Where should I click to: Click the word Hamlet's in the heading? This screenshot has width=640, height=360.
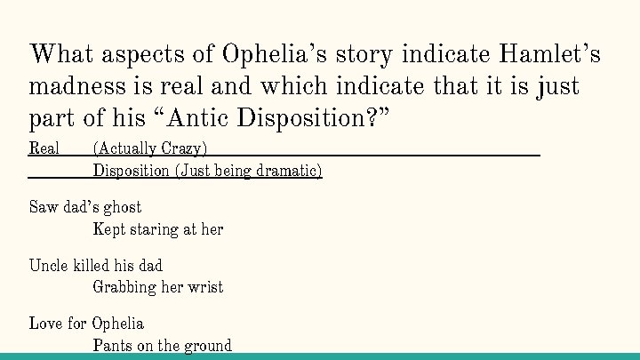tap(550, 54)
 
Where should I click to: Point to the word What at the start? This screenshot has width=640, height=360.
tap(63, 54)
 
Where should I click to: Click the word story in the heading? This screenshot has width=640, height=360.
tap(354, 54)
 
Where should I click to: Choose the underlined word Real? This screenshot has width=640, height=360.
tap(44, 148)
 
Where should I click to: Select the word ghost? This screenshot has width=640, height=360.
tap(122, 208)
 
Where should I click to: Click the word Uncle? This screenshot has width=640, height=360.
tap(47, 266)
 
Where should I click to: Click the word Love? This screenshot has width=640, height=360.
tap(44, 324)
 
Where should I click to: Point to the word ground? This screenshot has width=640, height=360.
tap(206, 346)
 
